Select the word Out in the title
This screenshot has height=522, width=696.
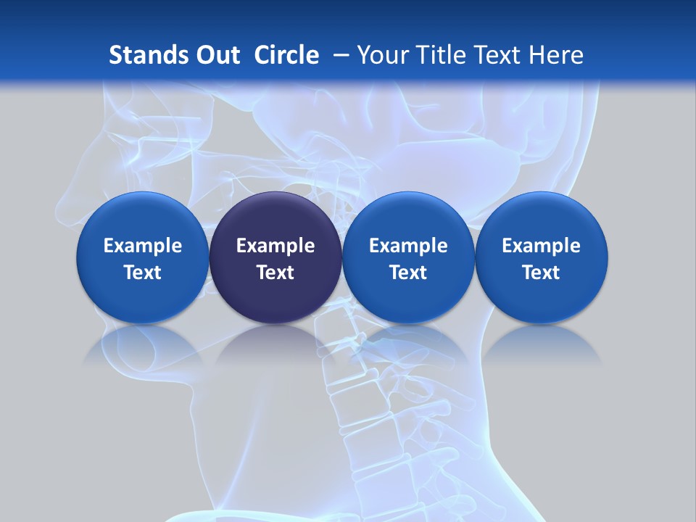(x=215, y=55)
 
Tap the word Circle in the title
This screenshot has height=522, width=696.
(x=286, y=55)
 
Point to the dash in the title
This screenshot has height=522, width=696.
(x=339, y=55)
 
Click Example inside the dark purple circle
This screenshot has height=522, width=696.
(x=275, y=246)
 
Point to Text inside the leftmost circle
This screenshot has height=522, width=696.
(x=143, y=273)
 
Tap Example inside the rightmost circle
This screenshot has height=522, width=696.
(x=542, y=246)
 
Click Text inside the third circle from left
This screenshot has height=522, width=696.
(x=408, y=273)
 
